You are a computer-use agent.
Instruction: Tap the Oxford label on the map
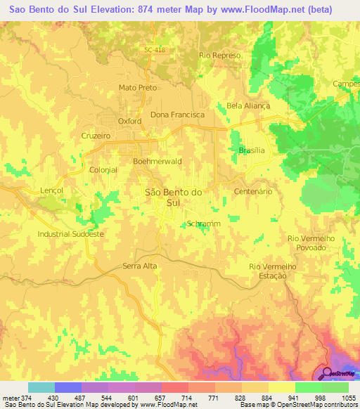click(129, 121)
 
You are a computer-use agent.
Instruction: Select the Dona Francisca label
click(178, 114)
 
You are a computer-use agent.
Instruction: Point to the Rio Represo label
click(220, 55)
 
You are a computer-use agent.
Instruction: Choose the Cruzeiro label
click(96, 136)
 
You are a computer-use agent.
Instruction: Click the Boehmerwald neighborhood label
click(157, 161)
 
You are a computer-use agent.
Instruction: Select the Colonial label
click(103, 170)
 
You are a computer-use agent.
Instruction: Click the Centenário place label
click(252, 191)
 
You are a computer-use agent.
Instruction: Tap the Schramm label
click(204, 223)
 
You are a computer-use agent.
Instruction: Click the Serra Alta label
click(140, 266)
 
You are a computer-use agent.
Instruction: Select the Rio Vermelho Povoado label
click(311, 243)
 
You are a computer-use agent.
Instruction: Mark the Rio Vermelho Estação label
click(269, 271)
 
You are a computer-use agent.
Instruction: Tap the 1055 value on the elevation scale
click(346, 396)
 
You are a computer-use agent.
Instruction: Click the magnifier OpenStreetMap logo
click(326, 372)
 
